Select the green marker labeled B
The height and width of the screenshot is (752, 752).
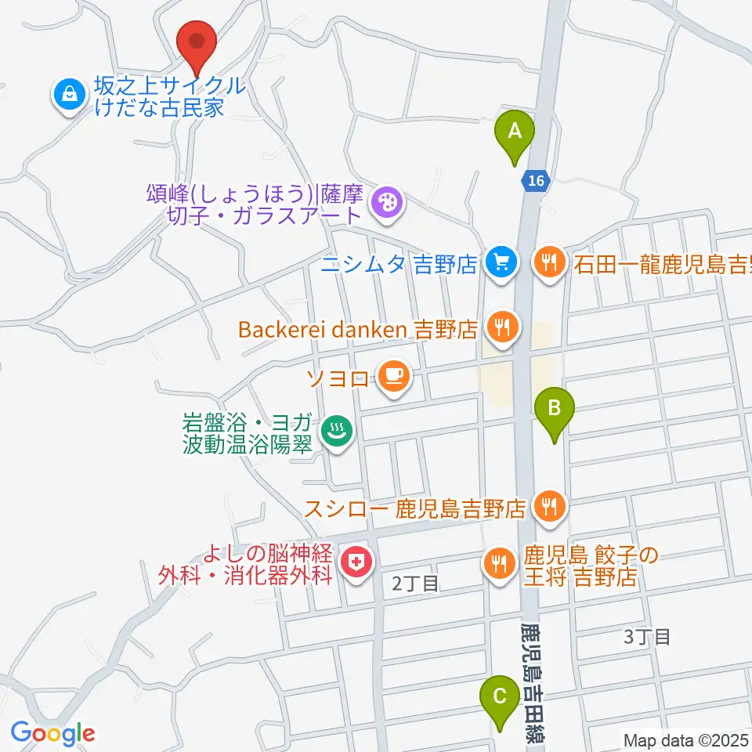[x=555, y=409]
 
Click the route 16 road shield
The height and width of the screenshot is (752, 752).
[x=535, y=181]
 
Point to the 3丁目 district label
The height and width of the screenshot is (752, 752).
[x=647, y=636]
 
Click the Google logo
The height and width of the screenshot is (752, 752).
[x=52, y=733]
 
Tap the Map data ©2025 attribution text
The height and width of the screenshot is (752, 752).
[x=685, y=739]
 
